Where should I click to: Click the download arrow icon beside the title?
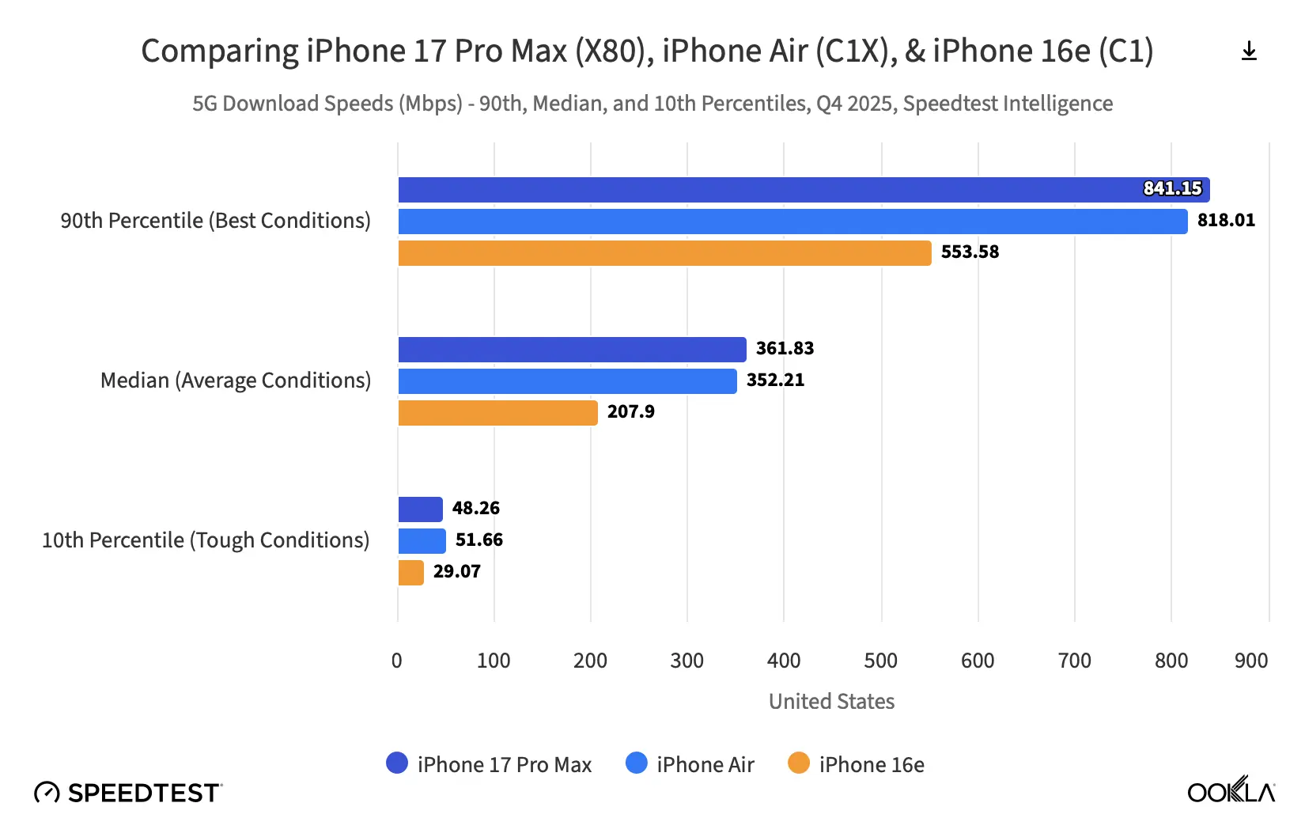(x=1249, y=51)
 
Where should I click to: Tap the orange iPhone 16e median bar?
(x=497, y=413)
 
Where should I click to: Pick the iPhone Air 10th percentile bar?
(x=422, y=541)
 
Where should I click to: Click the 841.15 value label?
(x=1172, y=189)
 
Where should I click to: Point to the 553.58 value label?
(x=970, y=252)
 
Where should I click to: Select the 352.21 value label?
(x=775, y=381)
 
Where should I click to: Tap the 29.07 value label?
(x=456, y=572)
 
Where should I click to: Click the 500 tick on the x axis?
(x=880, y=661)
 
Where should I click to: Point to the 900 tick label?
(x=1250, y=661)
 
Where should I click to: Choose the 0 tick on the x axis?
(x=397, y=661)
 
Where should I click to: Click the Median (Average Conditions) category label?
(x=236, y=381)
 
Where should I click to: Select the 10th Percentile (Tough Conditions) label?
(x=206, y=540)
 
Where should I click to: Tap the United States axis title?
(x=831, y=702)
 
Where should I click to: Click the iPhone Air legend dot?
(x=637, y=763)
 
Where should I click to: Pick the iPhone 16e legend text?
(x=872, y=765)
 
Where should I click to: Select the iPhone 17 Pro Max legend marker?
(x=397, y=763)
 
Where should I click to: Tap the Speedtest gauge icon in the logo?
(x=47, y=793)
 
